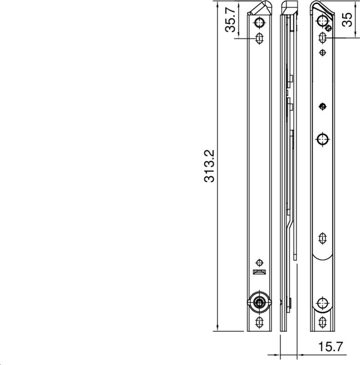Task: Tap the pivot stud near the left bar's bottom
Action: (259, 302)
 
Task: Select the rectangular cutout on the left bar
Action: (259, 272)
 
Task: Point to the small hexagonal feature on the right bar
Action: (329, 28)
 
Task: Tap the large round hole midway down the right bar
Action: (323, 138)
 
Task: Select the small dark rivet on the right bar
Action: (323, 106)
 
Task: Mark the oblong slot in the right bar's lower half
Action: (323, 238)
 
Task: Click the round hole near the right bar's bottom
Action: (323, 302)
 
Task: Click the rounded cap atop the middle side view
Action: (288, 7)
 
